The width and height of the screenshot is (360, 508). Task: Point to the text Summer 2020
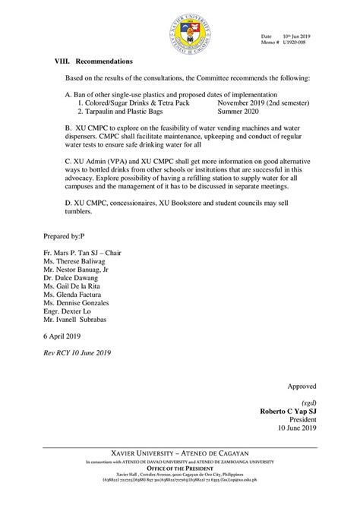point(240,111)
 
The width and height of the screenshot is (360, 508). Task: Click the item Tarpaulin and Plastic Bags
point(125,111)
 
